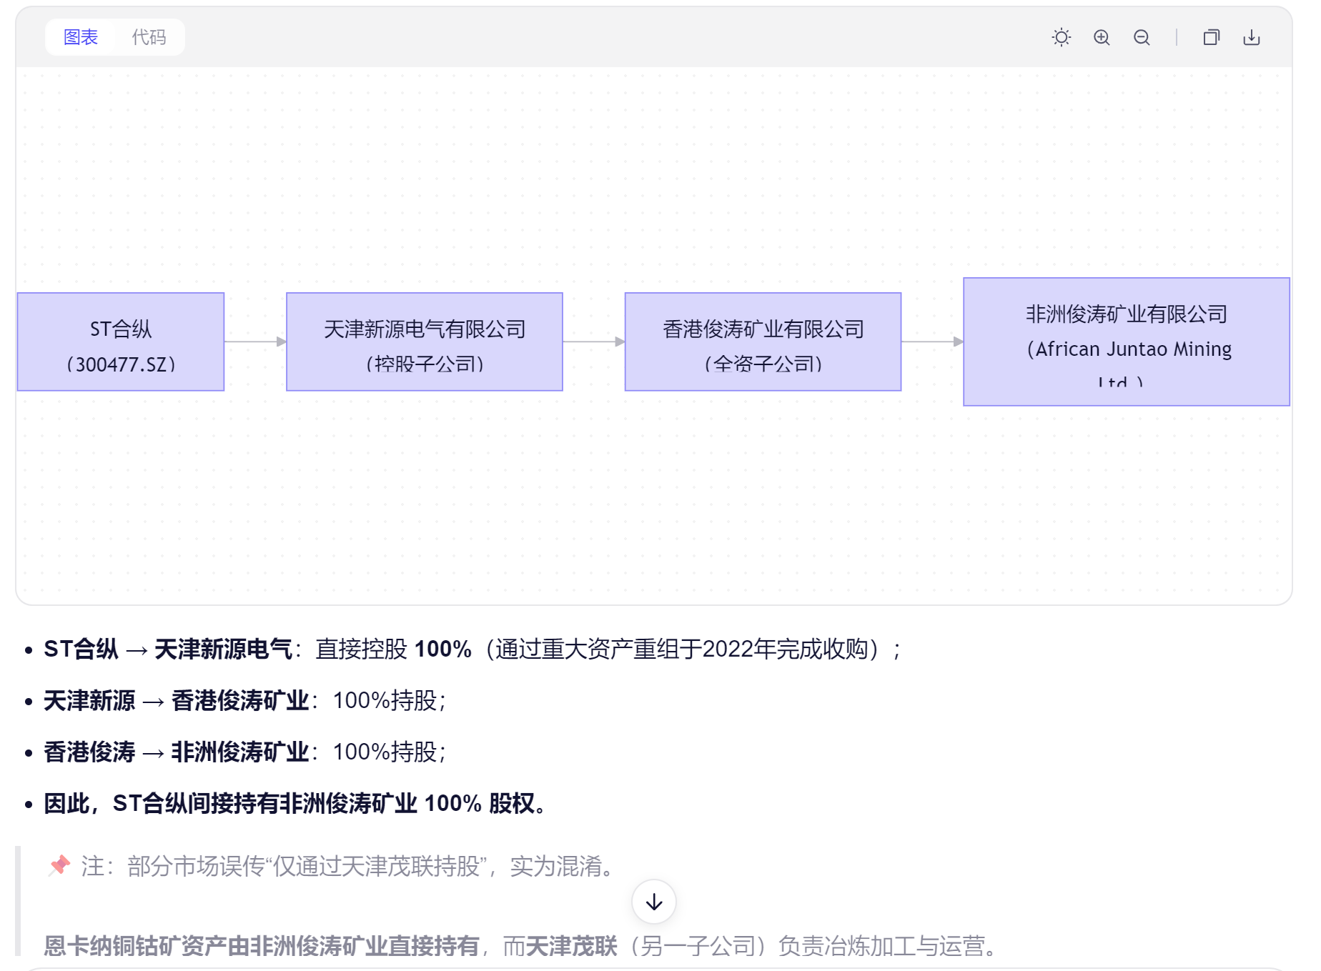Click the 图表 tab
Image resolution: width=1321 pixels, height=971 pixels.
click(80, 37)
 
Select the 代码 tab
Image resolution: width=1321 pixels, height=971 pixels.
click(149, 37)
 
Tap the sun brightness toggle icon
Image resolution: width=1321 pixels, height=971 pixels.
click(1062, 37)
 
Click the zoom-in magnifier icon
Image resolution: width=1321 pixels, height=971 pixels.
click(1102, 37)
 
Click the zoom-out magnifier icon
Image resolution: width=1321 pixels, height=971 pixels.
click(1142, 37)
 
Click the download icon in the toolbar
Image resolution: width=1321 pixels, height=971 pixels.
click(1252, 37)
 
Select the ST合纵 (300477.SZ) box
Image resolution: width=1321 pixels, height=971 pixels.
click(121, 342)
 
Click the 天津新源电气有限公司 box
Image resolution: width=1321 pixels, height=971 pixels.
click(425, 342)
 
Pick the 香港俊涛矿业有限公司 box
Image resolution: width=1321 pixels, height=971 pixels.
click(763, 342)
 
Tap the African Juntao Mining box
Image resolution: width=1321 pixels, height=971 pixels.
click(1127, 342)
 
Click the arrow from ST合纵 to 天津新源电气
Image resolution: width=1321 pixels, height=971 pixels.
click(255, 342)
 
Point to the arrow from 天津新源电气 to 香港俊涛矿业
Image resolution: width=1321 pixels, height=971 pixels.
click(594, 342)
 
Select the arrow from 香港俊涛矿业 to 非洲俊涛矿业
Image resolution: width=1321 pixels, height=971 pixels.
click(932, 342)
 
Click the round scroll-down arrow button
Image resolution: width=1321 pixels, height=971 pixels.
click(654, 902)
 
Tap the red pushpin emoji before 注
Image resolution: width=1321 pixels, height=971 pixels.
click(59, 865)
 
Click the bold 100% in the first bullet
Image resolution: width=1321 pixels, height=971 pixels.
click(443, 649)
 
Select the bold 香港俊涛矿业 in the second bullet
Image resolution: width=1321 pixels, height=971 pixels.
click(240, 700)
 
